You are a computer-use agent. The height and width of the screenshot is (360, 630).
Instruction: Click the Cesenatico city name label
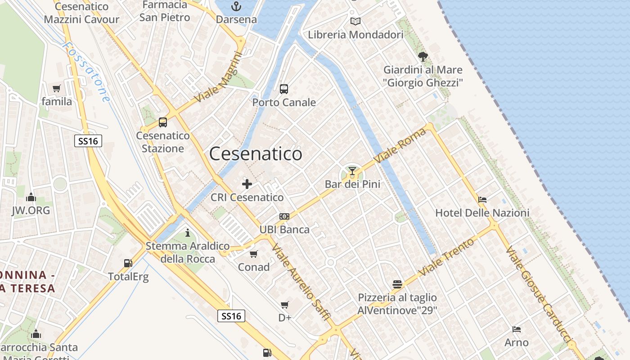(x=256, y=154)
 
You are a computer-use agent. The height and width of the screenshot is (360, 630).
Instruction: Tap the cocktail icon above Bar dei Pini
(x=352, y=171)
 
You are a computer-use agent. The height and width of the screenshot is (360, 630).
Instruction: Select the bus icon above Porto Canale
(x=284, y=89)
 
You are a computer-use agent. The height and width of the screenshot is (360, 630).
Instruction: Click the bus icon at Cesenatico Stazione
(x=163, y=122)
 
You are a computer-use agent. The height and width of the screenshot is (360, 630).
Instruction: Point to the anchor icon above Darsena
(x=236, y=6)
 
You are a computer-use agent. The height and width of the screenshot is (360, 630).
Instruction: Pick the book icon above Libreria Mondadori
(x=355, y=21)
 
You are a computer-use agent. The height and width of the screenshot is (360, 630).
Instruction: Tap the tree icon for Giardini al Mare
(x=423, y=57)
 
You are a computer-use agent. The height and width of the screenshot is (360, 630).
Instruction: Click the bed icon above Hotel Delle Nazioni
(x=482, y=199)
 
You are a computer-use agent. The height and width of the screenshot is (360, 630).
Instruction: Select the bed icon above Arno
(x=517, y=329)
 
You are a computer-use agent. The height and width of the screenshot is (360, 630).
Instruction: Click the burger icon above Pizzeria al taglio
(x=397, y=284)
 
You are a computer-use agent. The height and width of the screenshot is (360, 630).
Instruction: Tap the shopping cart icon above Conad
(x=254, y=254)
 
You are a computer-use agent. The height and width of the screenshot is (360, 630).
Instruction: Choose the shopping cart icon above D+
(x=285, y=305)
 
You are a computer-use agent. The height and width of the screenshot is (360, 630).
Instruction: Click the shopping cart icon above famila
(x=57, y=89)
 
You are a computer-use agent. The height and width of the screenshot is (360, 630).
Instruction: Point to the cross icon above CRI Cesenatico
(x=247, y=184)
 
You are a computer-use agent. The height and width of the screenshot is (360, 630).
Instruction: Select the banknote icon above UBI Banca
(x=284, y=216)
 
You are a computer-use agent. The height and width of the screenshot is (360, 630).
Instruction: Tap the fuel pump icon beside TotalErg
(x=128, y=263)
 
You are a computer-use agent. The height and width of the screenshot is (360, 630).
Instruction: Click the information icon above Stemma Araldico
(x=188, y=233)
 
